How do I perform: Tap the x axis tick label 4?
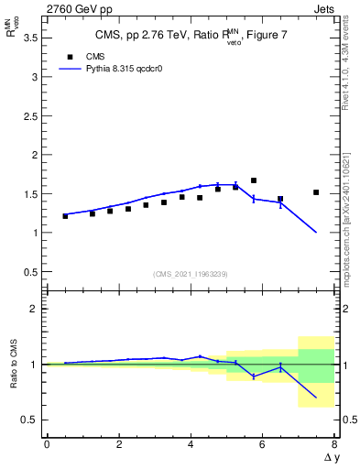[x=191, y=444]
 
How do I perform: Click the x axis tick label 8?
[x=334, y=444]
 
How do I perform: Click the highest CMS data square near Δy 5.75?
[x=254, y=180]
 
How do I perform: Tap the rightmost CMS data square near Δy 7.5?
[x=316, y=192]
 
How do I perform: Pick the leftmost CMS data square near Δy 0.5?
[x=65, y=216]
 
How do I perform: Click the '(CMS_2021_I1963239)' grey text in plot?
[x=191, y=274]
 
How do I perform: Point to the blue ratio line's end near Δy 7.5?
[x=316, y=398]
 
